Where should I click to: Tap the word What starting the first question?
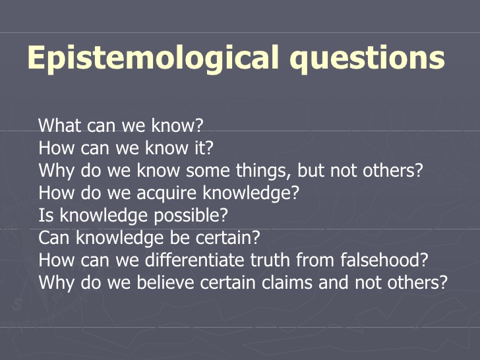(x=58, y=125)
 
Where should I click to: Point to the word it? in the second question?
(x=203, y=148)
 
